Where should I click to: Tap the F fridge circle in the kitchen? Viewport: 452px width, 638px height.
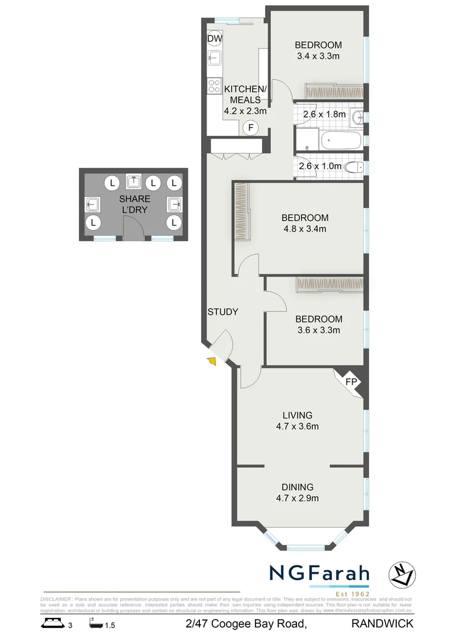tap(251, 128)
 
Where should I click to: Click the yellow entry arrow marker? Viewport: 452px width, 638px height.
tap(211, 361)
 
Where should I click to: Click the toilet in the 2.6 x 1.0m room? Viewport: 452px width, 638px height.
tap(356, 166)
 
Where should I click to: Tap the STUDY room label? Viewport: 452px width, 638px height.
tap(222, 312)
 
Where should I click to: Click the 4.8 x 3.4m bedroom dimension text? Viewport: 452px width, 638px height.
tap(304, 229)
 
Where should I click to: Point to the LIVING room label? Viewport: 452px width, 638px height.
tap(297, 415)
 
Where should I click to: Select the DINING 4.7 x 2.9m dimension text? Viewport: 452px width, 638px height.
tap(297, 498)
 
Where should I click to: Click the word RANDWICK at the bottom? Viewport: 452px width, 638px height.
tap(382, 623)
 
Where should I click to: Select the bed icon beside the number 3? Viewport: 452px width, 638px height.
tap(53, 623)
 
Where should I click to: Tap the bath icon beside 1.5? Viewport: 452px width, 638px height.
tap(95, 623)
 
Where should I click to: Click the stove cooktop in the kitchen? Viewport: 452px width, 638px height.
tap(214, 85)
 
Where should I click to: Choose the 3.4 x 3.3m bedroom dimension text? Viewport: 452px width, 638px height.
tap(318, 57)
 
